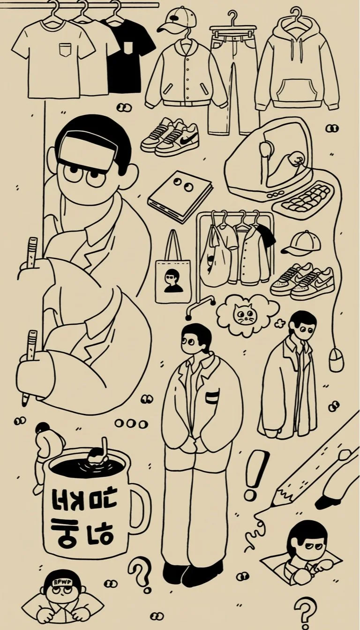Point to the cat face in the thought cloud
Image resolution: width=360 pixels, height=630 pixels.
[243, 315]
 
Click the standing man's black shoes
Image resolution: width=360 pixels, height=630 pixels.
[192, 572]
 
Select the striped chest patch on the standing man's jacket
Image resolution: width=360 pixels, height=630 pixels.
[212, 396]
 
